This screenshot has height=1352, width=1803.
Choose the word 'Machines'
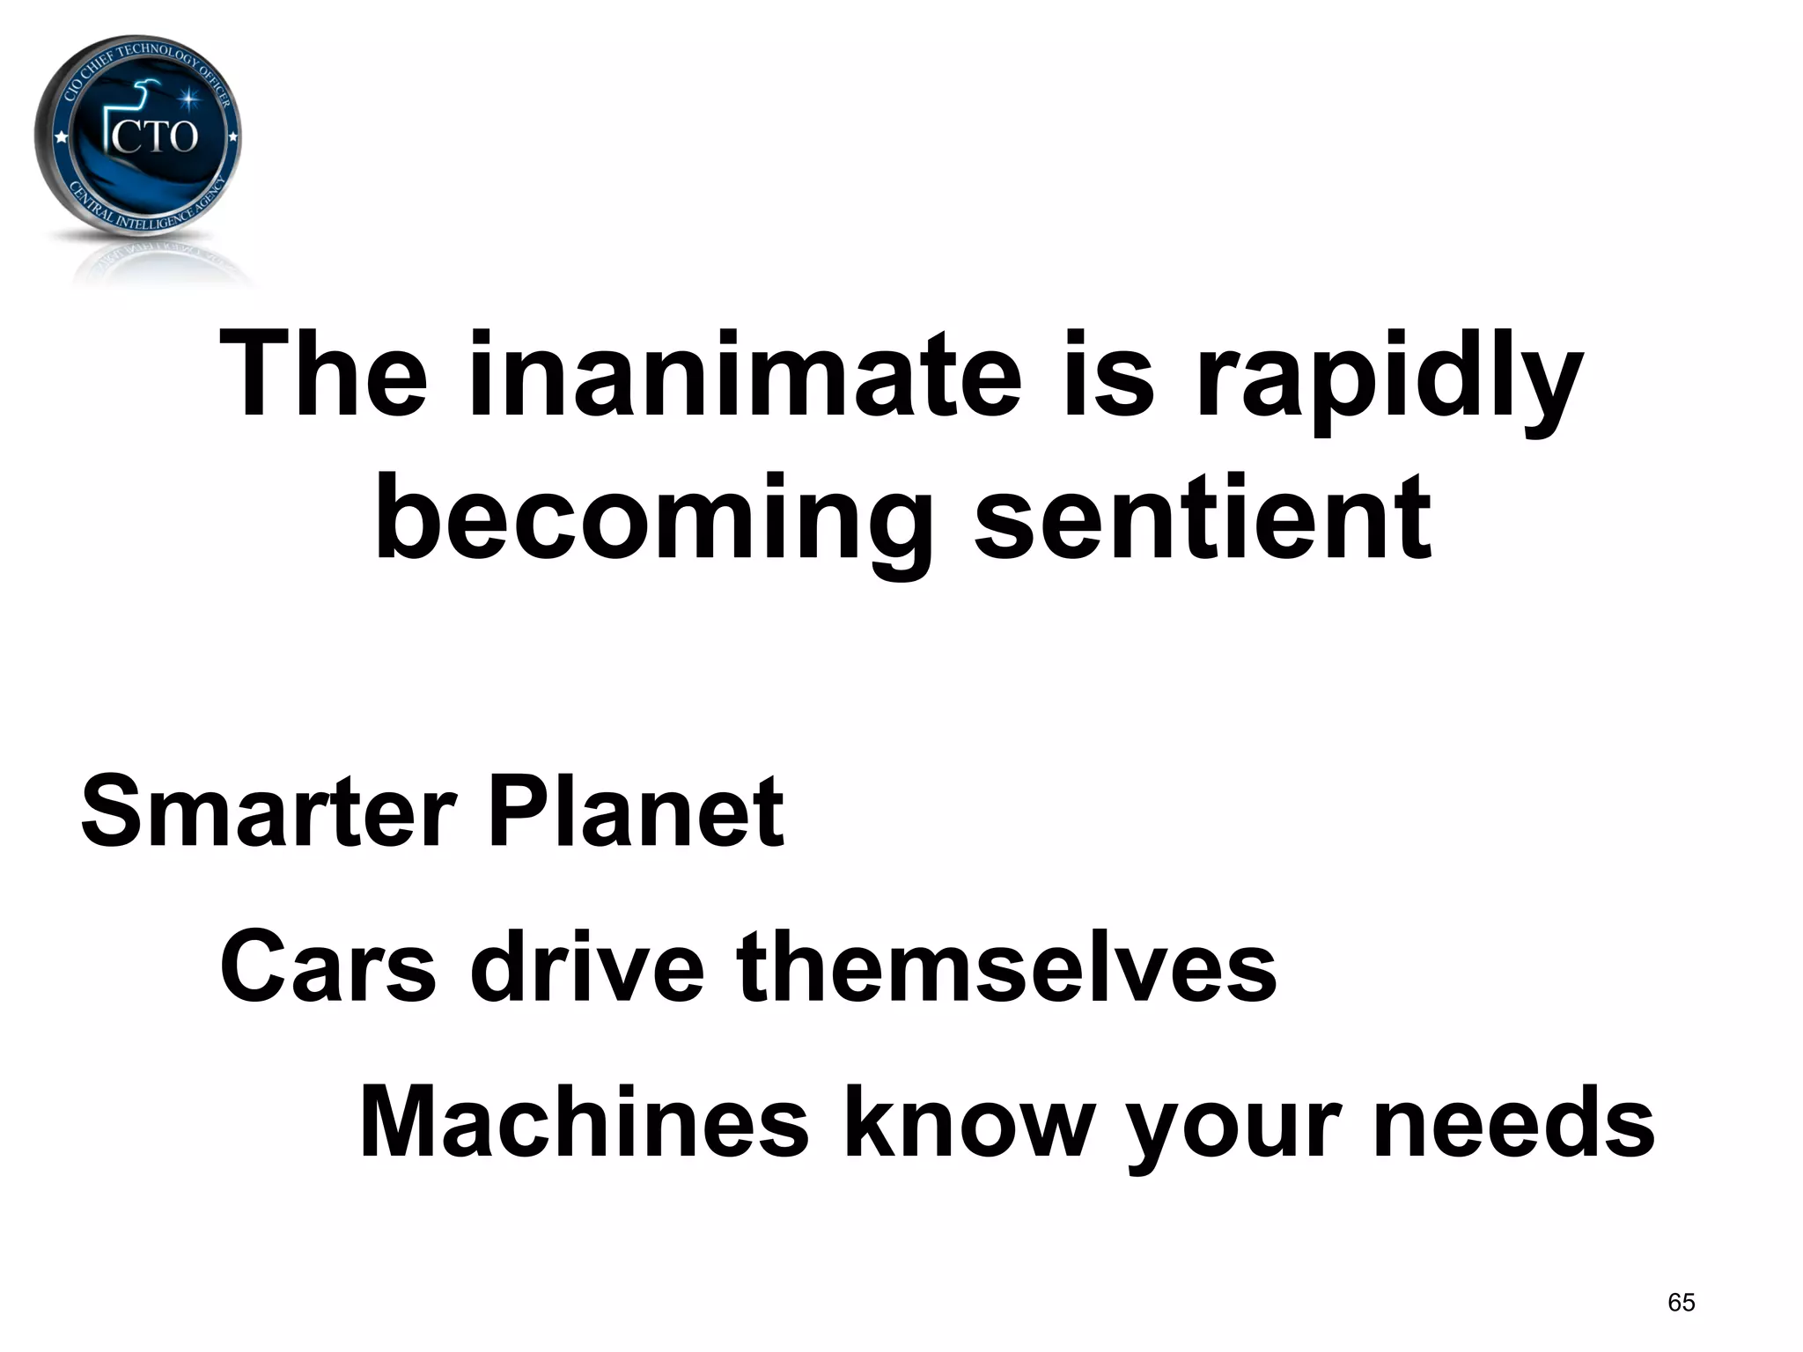pyautogui.click(x=583, y=1122)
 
